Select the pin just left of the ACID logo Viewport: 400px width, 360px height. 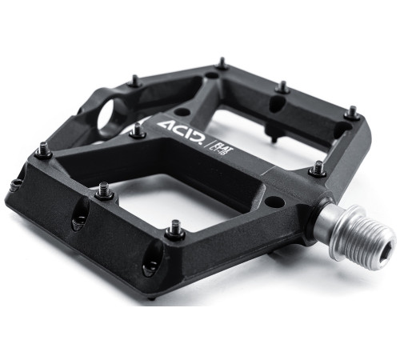[137, 130]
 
